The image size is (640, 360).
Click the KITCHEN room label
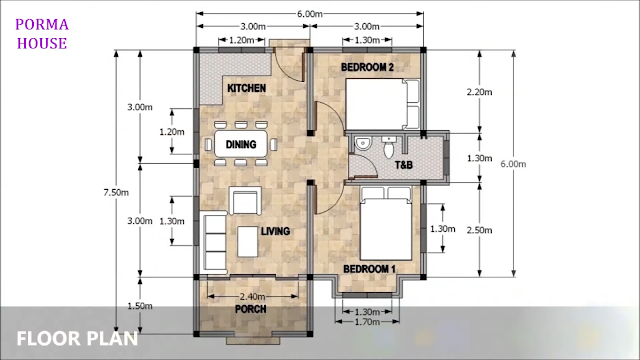246,88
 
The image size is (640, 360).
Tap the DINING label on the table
241,144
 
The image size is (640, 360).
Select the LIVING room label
276,231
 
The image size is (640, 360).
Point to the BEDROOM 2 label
367,67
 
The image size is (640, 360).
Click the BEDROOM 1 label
369,269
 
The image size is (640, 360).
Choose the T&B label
404,165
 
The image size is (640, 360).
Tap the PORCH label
251,309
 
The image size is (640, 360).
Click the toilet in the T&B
389,147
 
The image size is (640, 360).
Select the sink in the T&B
362,144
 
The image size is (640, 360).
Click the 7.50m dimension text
116,192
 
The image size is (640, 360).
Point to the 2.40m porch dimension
252,296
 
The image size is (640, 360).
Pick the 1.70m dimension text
367,322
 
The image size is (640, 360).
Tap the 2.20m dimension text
480,92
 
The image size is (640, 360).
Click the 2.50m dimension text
480,230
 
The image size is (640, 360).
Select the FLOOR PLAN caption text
77,339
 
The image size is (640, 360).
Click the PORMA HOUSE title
42,34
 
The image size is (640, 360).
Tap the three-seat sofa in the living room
214,242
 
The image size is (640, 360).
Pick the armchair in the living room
245,200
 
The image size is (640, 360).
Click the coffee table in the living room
247,242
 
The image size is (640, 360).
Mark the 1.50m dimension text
140,306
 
